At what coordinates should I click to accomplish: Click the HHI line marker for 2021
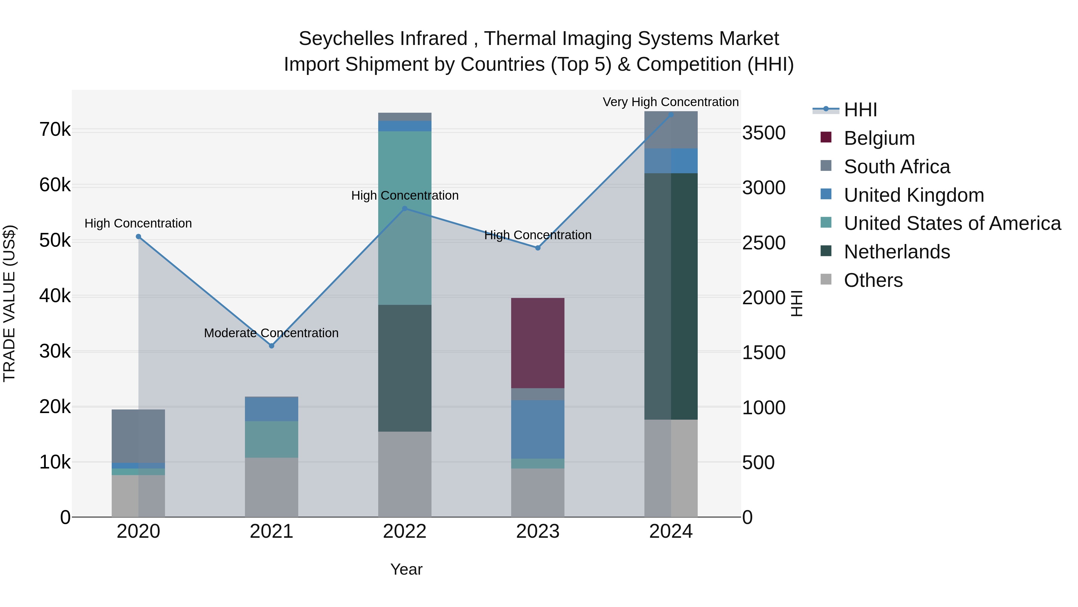tap(271, 346)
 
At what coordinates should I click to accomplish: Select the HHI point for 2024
tap(671, 115)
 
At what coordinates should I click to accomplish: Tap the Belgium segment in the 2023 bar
tap(538, 343)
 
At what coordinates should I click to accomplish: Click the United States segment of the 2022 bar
tap(405, 218)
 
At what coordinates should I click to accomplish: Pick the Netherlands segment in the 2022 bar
tap(405, 368)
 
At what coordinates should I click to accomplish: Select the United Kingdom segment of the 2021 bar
tap(271, 409)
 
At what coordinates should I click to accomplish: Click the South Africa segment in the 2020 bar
tap(138, 436)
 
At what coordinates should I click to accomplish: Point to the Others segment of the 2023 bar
tap(538, 492)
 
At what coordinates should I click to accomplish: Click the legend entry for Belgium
tap(879, 138)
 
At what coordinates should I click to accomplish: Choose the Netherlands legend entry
tap(896, 252)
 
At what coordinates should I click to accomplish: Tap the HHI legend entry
tap(860, 110)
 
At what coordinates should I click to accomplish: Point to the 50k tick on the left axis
tap(55, 241)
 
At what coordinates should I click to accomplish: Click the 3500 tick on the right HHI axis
tap(764, 133)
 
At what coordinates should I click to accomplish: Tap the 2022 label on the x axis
tap(405, 531)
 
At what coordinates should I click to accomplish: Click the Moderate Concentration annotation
tap(271, 333)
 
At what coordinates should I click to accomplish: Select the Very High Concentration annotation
tap(670, 102)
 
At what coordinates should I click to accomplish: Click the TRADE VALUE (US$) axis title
tap(9, 303)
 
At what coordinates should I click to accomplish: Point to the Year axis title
tap(406, 569)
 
